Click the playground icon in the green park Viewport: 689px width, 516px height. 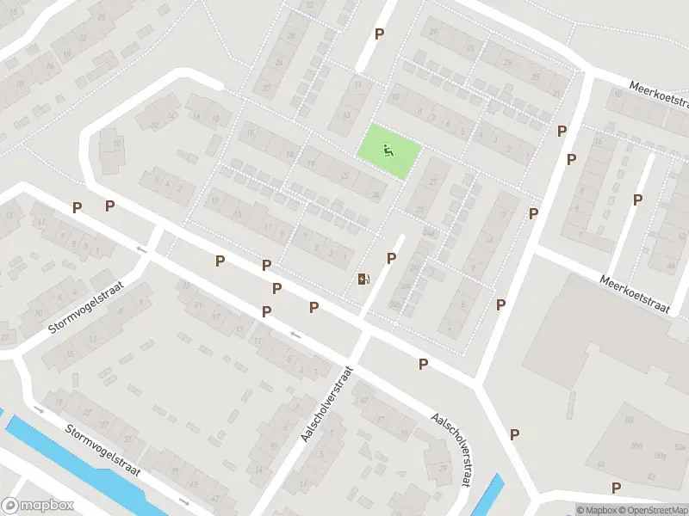[388, 152]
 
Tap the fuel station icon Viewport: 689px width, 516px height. [363, 279]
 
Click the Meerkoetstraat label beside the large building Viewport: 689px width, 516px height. [636, 294]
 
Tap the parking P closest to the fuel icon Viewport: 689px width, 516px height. [391, 258]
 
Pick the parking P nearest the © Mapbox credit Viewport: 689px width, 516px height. [616, 488]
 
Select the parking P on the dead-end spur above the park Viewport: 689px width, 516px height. [379, 34]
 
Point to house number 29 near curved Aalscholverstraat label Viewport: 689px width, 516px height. [444, 468]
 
